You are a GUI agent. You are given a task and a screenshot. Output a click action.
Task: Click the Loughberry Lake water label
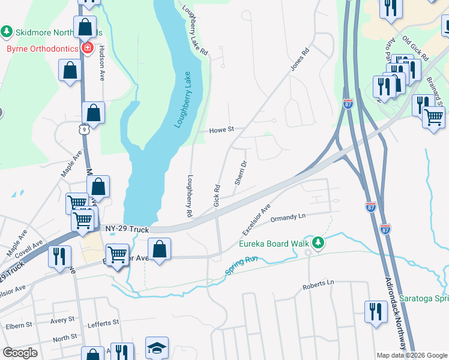[x=184, y=100]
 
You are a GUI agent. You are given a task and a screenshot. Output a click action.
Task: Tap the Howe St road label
[x=221, y=130]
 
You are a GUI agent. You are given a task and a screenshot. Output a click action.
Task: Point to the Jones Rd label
[x=300, y=59]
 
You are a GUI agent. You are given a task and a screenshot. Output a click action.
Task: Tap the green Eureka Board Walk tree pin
[x=320, y=243]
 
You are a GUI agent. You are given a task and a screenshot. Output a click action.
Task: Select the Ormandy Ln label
[x=288, y=218]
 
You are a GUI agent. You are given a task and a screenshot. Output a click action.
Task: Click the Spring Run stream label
[x=241, y=266]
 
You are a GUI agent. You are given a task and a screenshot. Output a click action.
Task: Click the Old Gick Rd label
[x=415, y=49]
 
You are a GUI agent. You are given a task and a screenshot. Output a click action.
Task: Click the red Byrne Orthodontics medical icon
[x=87, y=47]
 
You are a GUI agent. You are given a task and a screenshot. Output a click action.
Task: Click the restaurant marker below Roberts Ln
[x=376, y=311]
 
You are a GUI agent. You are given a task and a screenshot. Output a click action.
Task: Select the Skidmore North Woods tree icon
[x=7, y=31]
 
